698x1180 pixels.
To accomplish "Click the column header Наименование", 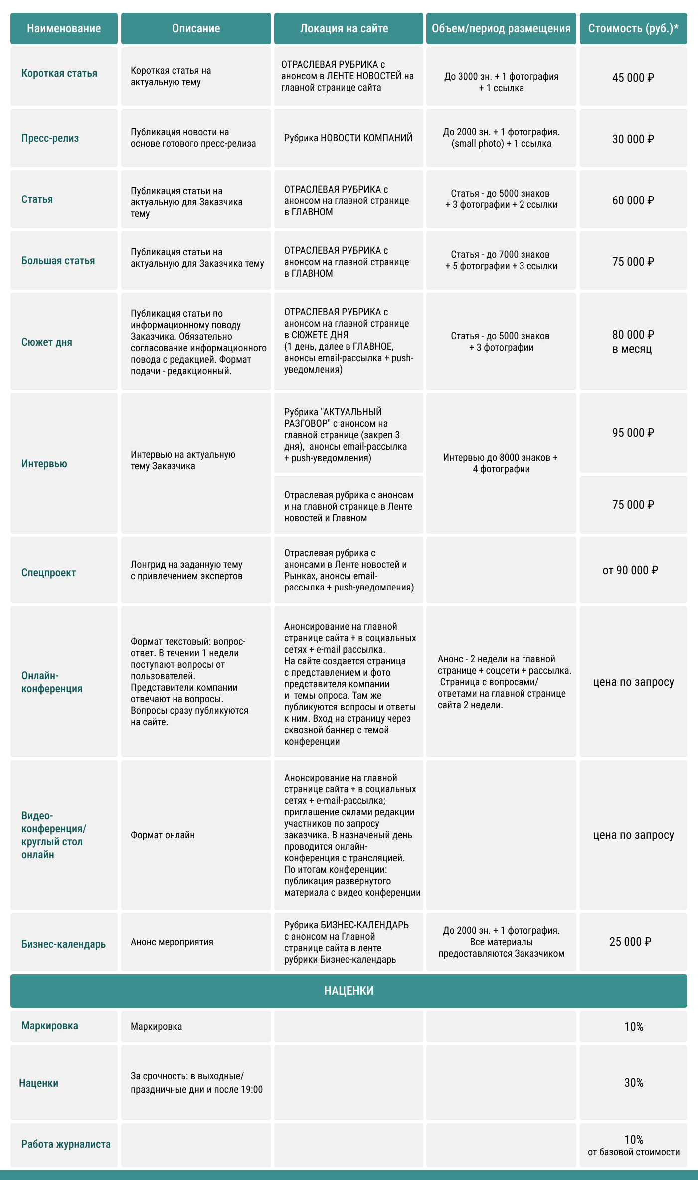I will (64, 28).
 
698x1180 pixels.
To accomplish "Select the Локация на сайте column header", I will (344, 28).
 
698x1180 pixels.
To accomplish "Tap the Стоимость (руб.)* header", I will (633, 28).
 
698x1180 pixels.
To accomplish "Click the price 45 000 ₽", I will (633, 78).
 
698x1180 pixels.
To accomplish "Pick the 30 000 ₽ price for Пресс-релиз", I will (633, 139).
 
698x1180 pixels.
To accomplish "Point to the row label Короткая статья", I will (59, 73).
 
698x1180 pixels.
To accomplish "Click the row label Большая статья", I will (58, 261).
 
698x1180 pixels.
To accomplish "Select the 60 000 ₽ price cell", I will (633, 200).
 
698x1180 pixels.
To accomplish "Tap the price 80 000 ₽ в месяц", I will (633, 341).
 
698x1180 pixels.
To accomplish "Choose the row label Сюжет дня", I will (47, 342).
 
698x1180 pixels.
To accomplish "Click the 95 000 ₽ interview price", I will (633, 433).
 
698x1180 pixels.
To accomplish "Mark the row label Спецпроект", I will (49, 573).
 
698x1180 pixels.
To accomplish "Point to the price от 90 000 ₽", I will (630, 570).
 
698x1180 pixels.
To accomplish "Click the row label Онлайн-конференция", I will (52, 682).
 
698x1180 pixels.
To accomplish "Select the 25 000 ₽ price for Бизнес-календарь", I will (630, 942).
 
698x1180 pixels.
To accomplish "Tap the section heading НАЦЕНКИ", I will (349, 991).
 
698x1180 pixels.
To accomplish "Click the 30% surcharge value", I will (634, 1083).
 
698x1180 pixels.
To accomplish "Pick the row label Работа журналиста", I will (66, 1144).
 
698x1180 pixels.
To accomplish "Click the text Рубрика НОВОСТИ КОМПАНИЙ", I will (349, 138).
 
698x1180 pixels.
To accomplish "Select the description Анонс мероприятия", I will (172, 942).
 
